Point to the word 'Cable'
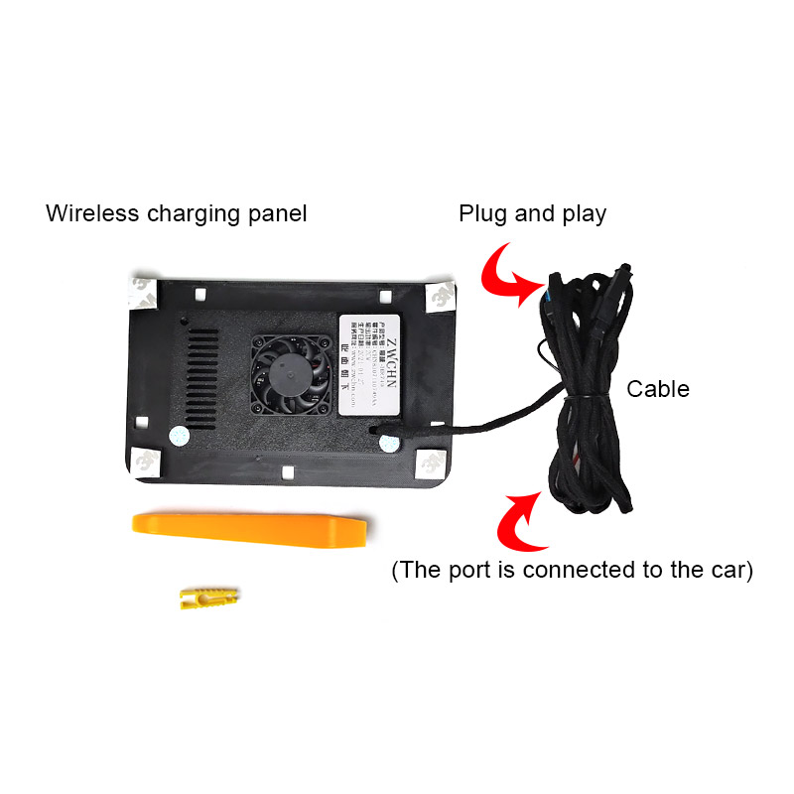click(657, 388)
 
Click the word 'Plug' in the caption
click(481, 213)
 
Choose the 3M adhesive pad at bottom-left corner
click(146, 460)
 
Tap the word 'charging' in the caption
click(198, 214)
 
